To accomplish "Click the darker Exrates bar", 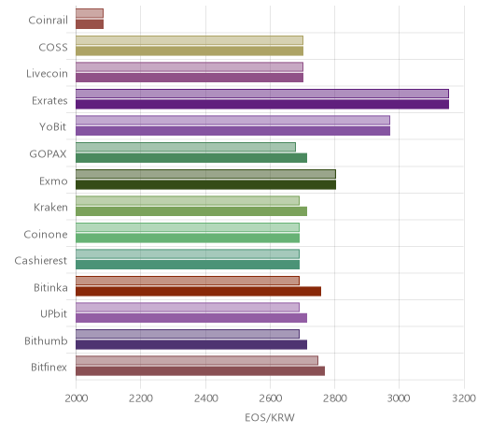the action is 262,105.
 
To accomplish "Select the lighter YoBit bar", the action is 232,121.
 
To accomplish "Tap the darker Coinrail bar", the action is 90,24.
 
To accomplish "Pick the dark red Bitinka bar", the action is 198,292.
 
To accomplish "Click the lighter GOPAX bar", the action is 186,147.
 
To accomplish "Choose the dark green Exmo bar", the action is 205,184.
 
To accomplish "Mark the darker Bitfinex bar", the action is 200,371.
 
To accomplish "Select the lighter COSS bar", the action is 190,40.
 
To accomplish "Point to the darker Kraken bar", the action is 191,211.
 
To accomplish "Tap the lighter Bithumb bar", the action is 188,334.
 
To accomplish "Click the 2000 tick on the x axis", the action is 77,398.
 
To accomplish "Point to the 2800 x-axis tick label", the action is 335,398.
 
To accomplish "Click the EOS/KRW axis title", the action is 270,417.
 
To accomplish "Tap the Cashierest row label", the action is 41,260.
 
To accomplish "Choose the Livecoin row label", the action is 47,74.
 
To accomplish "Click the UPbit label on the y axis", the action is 53,313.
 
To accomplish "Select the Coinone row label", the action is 46,234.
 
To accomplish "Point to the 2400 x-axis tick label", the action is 205,398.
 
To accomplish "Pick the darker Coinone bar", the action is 188,239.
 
